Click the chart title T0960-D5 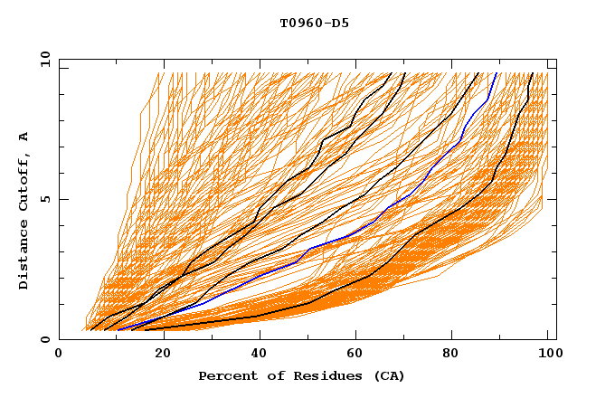pos(314,24)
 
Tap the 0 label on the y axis pos(44,340)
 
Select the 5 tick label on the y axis pos(44,200)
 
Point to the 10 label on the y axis pos(42,60)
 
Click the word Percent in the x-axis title pos(226,375)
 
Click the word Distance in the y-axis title pos(24,257)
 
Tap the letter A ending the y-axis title pos(24,137)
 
